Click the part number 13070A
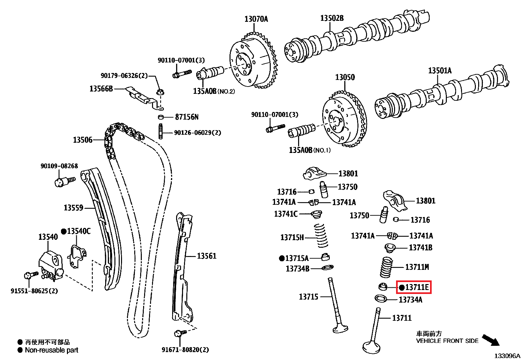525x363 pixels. pyautogui.click(x=256, y=19)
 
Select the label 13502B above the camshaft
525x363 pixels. pyautogui.click(x=332, y=18)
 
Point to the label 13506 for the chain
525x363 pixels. pyautogui.click(x=82, y=140)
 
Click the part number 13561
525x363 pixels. pyautogui.click(x=206, y=256)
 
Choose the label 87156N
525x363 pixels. pyautogui.click(x=187, y=117)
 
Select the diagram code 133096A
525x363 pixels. pyautogui.click(x=507, y=356)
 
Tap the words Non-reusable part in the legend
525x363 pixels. pyautogui.click(x=51, y=350)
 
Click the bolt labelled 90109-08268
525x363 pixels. pyautogui.click(x=63, y=181)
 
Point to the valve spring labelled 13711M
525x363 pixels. pyautogui.click(x=386, y=267)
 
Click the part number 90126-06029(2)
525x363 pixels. pyautogui.click(x=197, y=133)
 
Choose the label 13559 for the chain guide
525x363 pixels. pyautogui.click(x=73, y=208)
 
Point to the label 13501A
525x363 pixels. pyautogui.click(x=440, y=71)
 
